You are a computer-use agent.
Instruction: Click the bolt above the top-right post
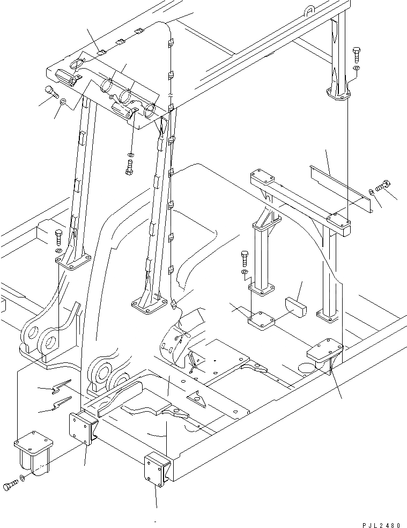tap(357, 54)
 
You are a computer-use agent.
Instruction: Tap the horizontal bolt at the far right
tap(383, 186)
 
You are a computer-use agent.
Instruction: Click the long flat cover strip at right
tap(338, 185)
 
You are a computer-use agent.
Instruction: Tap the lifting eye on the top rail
tap(309, 9)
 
